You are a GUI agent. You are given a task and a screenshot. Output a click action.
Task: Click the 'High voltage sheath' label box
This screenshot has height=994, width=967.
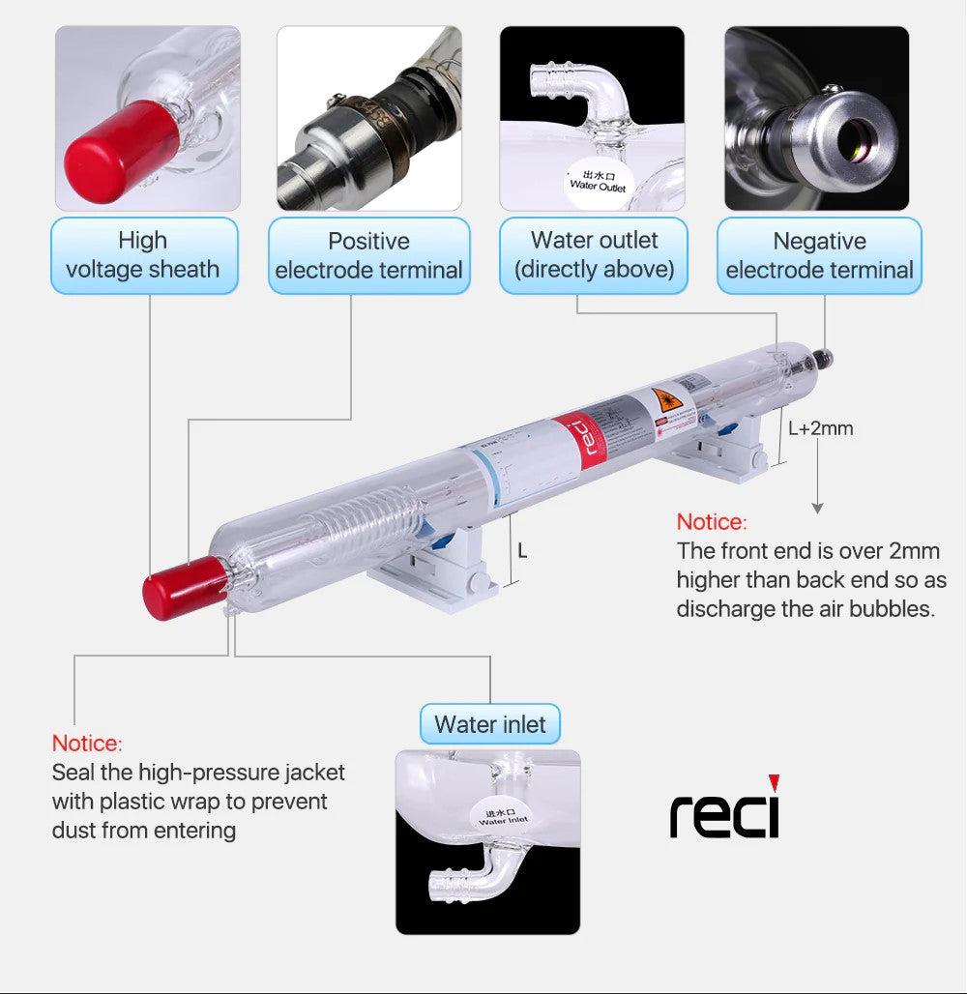pos(143,255)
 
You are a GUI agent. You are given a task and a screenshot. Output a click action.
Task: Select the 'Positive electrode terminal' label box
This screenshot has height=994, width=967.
pos(368,255)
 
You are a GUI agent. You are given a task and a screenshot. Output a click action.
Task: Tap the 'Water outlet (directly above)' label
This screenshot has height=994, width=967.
pos(594,255)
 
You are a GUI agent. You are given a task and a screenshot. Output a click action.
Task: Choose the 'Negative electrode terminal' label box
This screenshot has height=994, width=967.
pos(819,255)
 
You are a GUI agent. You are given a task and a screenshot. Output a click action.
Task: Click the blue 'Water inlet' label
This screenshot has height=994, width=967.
pos(490,724)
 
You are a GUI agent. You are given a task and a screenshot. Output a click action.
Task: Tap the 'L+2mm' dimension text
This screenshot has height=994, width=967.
pos(820,428)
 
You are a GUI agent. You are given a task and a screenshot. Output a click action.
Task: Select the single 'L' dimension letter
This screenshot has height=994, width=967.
pos(522,551)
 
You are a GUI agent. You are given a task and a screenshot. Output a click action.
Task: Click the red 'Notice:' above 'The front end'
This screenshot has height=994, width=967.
pos(712,522)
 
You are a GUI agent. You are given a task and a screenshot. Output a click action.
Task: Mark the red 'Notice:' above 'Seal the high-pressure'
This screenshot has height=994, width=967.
pos(87,744)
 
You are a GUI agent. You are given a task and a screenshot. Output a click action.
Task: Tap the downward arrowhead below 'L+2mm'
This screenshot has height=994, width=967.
pos(817,508)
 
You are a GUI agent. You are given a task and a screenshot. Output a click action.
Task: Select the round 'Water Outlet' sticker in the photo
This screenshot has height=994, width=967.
pos(597,181)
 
